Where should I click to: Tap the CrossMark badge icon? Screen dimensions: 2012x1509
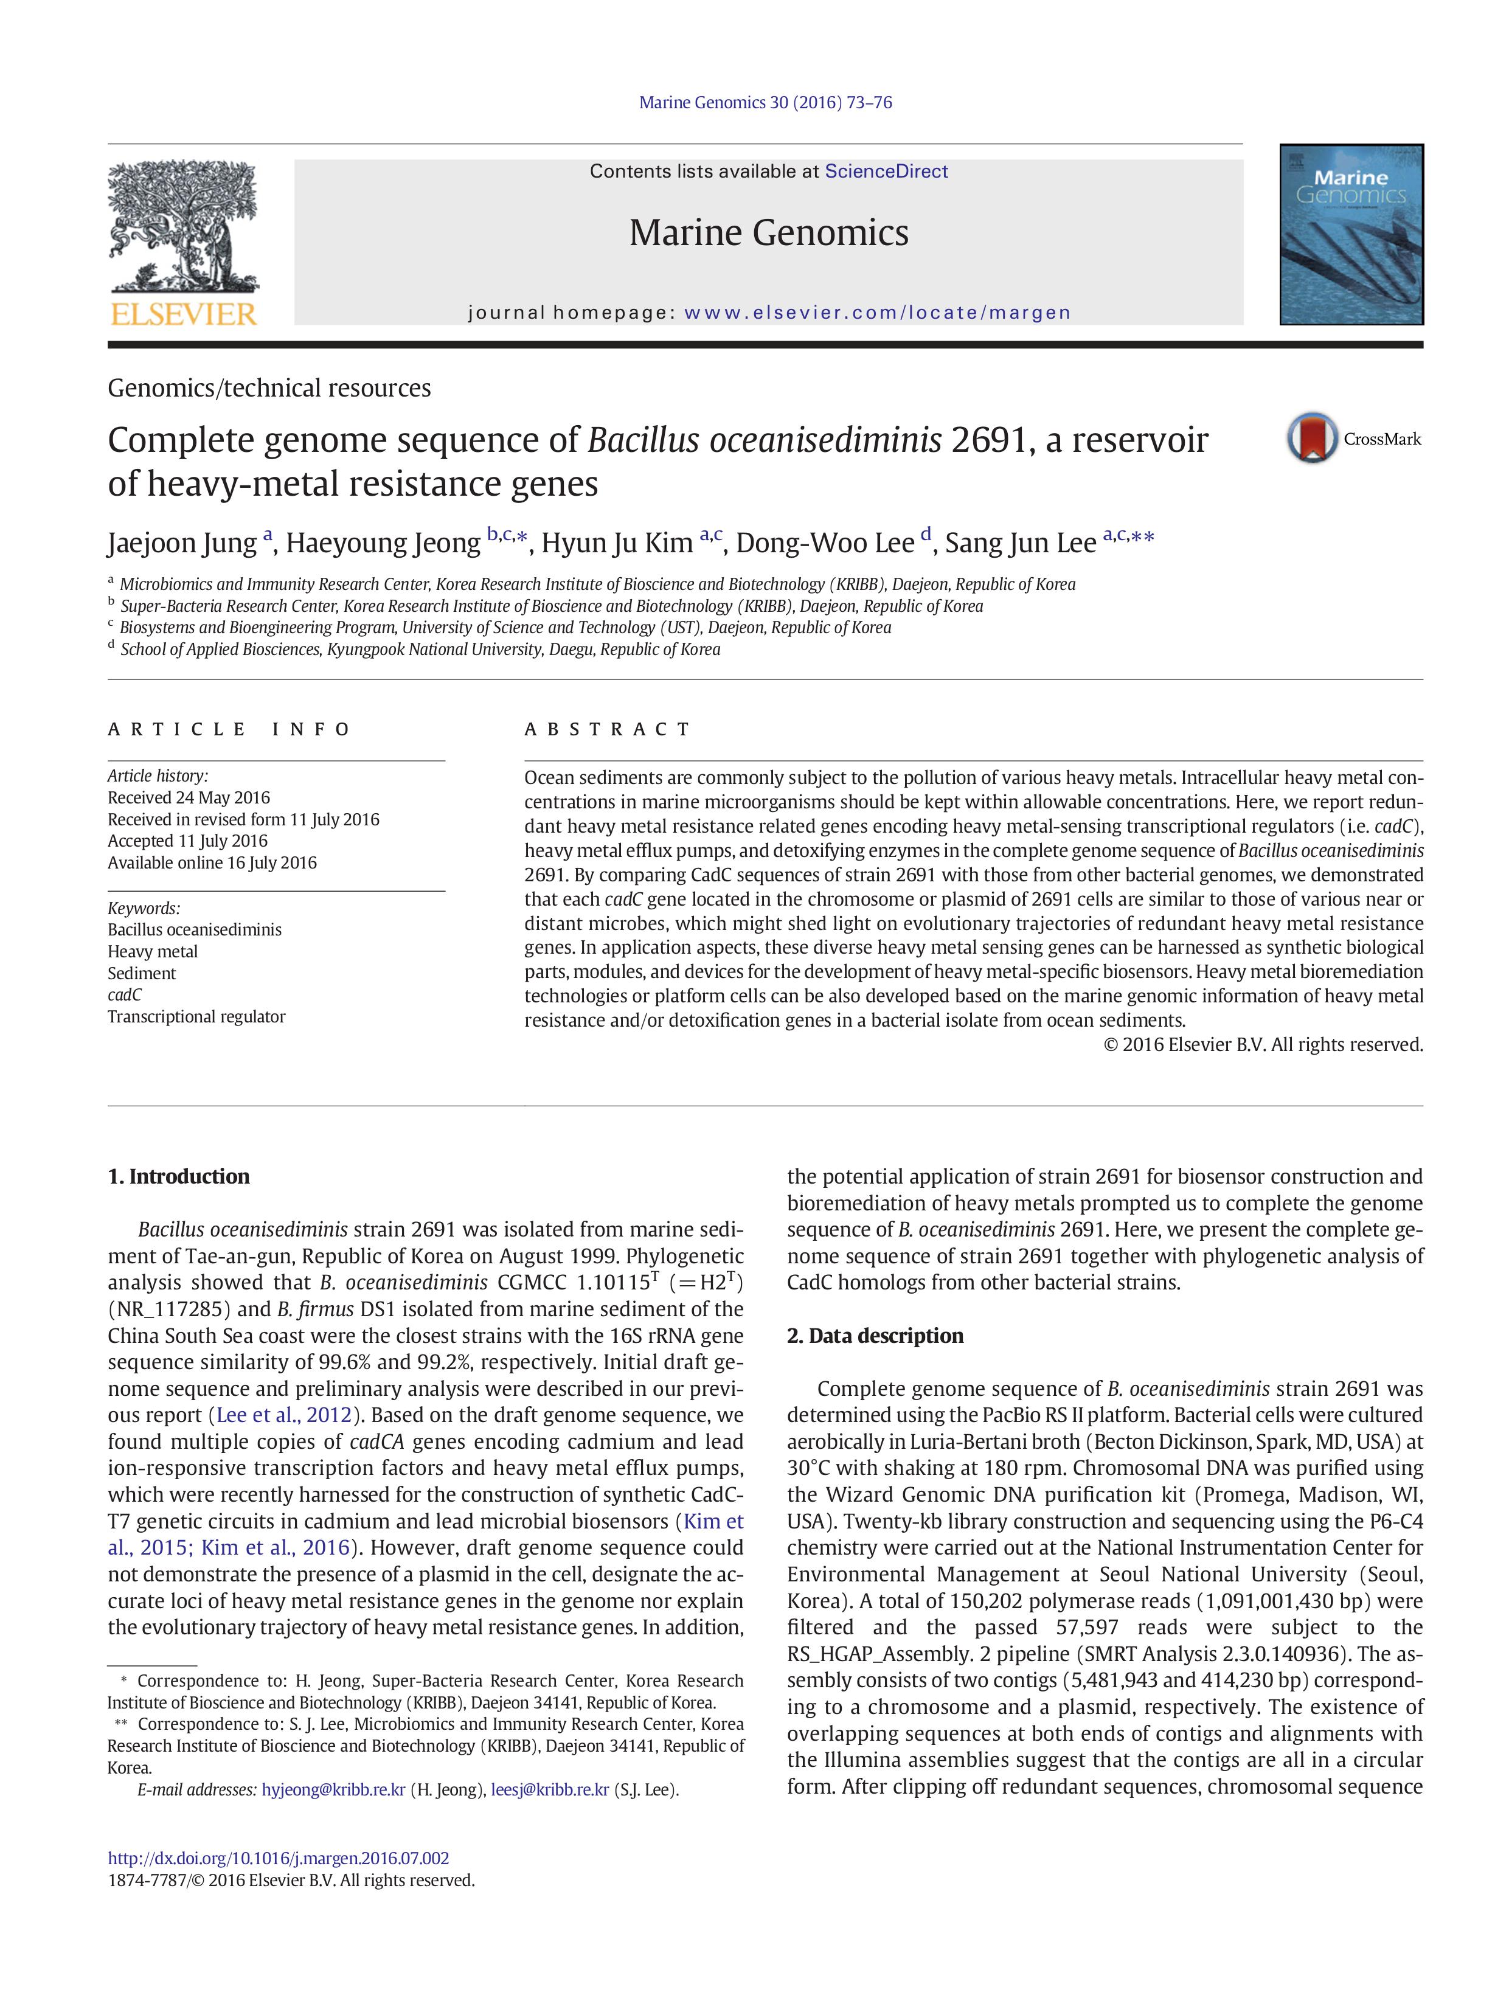coord(1311,439)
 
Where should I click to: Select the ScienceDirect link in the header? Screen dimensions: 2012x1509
coord(886,171)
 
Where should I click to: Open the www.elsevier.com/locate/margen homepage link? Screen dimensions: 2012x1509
coord(877,313)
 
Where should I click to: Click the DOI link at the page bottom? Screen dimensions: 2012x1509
coord(279,1858)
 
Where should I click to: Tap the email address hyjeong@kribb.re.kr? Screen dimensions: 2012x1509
coord(333,1789)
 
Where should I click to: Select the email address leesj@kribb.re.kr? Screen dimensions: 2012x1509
coord(549,1789)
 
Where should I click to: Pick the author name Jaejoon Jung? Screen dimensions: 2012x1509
coord(182,543)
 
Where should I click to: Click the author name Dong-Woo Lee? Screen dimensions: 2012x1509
coord(824,543)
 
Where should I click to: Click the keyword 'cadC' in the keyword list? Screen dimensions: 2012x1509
coord(125,994)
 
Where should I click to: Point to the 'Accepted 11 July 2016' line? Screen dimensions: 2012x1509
coord(187,841)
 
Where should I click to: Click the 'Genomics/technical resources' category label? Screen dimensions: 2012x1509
coord(269,389)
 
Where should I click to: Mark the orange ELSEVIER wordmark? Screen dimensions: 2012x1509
coord(183,314)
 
